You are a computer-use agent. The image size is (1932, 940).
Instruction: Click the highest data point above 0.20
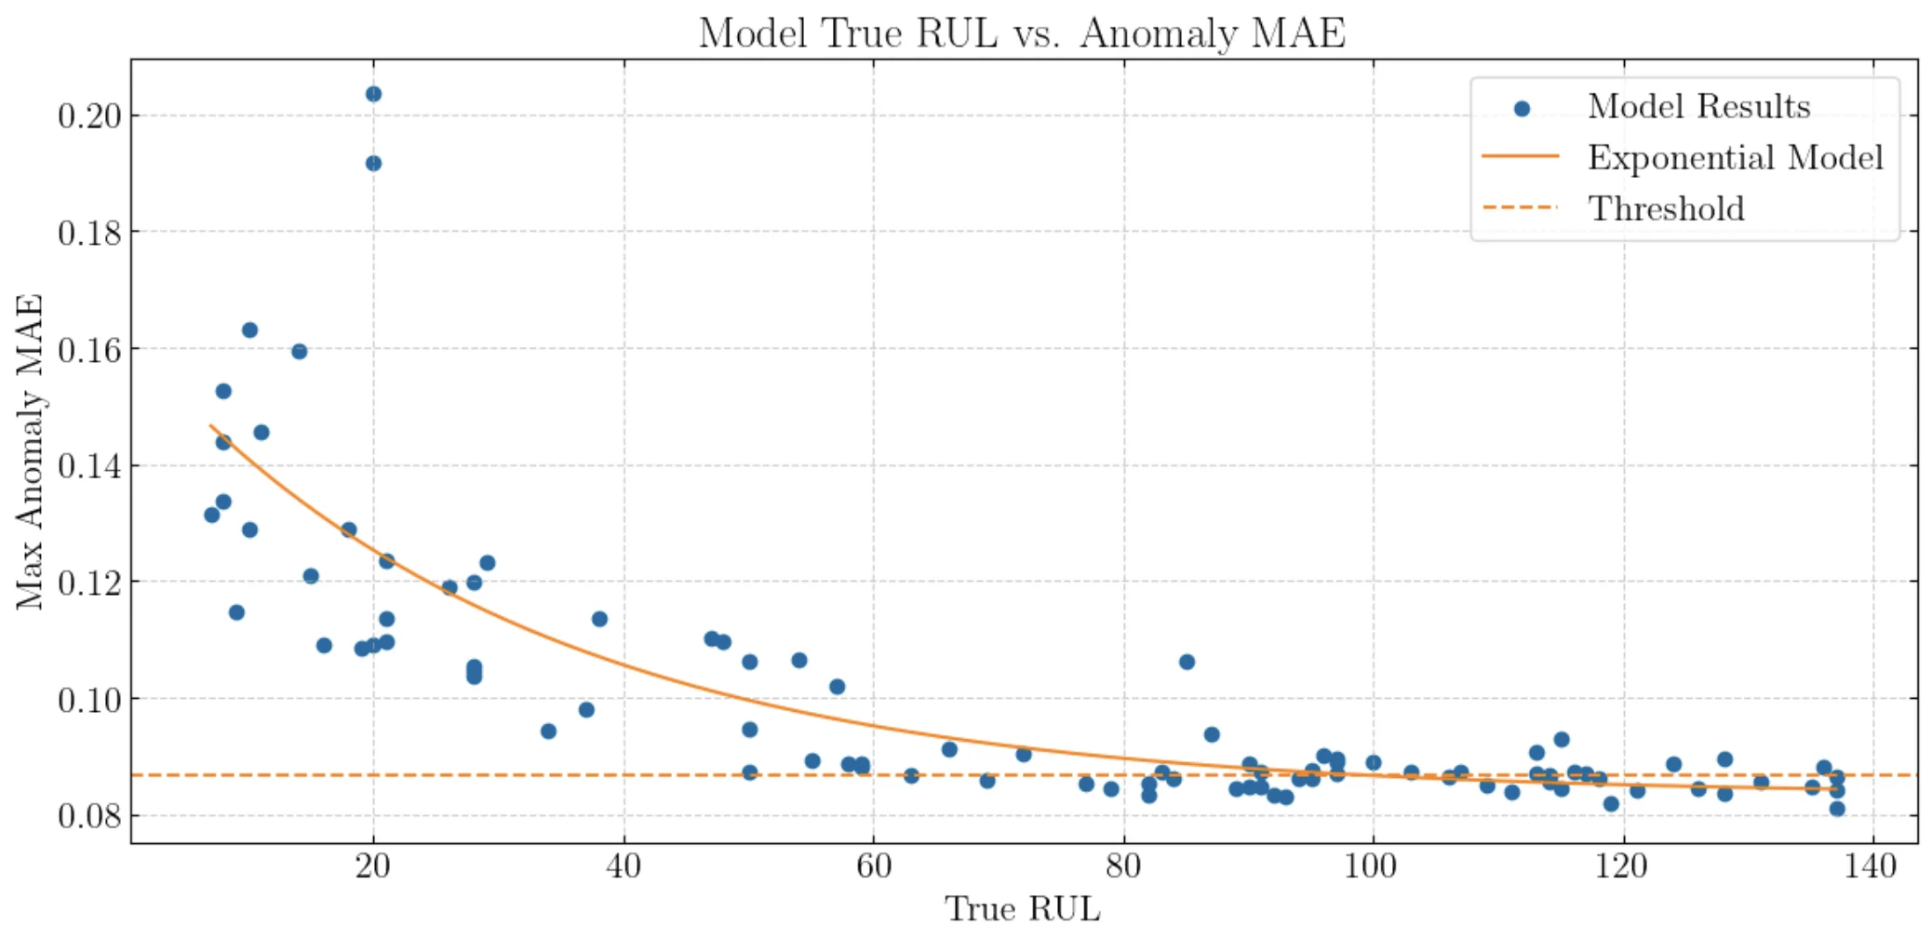coord(373,94)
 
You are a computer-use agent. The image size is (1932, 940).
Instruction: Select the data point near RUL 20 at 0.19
coord(373,164)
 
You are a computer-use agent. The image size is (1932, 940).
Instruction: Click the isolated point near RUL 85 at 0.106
coord(1187,662)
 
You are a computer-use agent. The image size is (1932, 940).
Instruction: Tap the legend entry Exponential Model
coord(1735,157)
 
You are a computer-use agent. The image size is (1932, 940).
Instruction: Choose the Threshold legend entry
coord(1665,208)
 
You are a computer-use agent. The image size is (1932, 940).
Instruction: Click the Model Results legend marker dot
coord(1522,109)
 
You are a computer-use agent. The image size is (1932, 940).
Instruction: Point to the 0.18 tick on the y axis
coord(89,233)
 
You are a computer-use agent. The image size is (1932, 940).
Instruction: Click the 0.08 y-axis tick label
coord(89,816)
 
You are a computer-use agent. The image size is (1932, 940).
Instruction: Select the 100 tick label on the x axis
coord(1373,867)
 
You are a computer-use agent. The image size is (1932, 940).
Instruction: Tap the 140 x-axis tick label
coord(1872,867)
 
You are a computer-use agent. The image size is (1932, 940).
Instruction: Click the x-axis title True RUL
coord(1022,909)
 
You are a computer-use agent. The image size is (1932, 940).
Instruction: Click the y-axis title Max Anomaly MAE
coord(30,451)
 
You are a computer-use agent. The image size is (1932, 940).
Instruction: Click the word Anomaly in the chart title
coord(1159,34)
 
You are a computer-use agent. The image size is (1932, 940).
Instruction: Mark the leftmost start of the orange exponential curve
coord(211,426)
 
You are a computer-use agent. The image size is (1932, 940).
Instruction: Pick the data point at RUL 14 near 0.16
coord(299,351)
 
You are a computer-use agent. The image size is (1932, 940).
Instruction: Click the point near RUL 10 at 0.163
coord(249,330)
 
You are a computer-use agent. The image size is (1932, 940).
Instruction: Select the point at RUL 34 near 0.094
coord(548,732)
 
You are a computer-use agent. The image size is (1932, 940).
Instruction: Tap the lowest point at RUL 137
coord(1837,809)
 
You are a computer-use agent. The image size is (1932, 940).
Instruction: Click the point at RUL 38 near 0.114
coord(599,619)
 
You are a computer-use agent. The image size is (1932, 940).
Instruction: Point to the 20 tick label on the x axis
coord(372,867)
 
